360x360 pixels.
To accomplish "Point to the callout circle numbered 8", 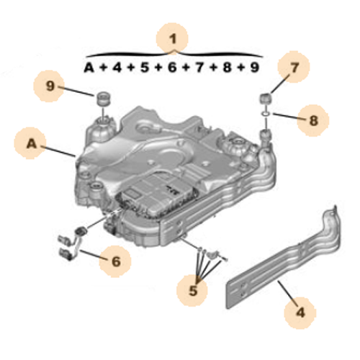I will (x=312, y=120).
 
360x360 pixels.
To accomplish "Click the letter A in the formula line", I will (x=89, y=68).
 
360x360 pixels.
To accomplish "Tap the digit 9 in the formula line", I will (x=253, y=68).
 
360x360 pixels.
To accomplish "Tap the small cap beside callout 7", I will (x=264, y=97).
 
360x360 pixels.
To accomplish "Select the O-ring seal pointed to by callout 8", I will (x=264, y=113).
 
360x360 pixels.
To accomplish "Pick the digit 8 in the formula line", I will (x=226, y=68).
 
